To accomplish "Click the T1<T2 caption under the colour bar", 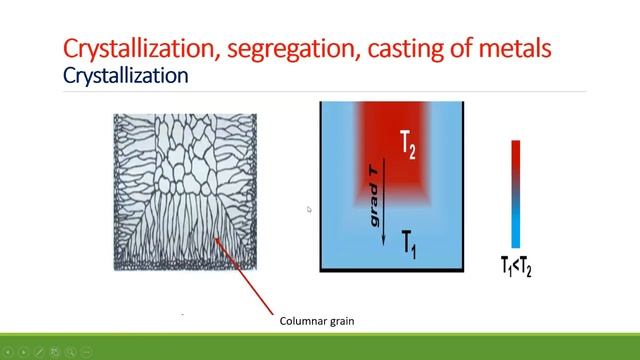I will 516,266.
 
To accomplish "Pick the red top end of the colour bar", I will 516,148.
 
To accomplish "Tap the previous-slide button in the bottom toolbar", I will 8,352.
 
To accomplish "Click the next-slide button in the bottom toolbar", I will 22,352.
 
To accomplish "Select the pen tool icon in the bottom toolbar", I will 37,352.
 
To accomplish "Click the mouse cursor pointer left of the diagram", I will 309,209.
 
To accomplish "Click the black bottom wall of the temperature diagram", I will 395,271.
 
